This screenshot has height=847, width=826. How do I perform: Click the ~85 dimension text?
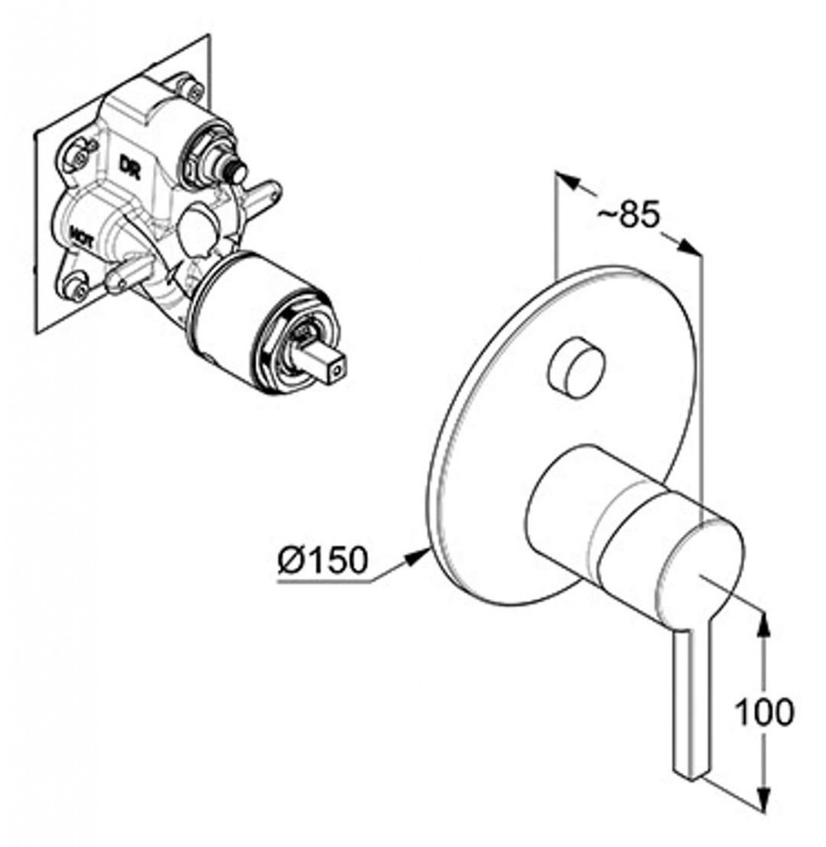tap(628, 215)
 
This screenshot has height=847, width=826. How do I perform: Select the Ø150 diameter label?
tap(322, 561)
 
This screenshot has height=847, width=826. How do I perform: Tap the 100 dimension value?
tap(766, 711)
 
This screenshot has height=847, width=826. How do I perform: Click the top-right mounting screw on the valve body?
tap(192, 89)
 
